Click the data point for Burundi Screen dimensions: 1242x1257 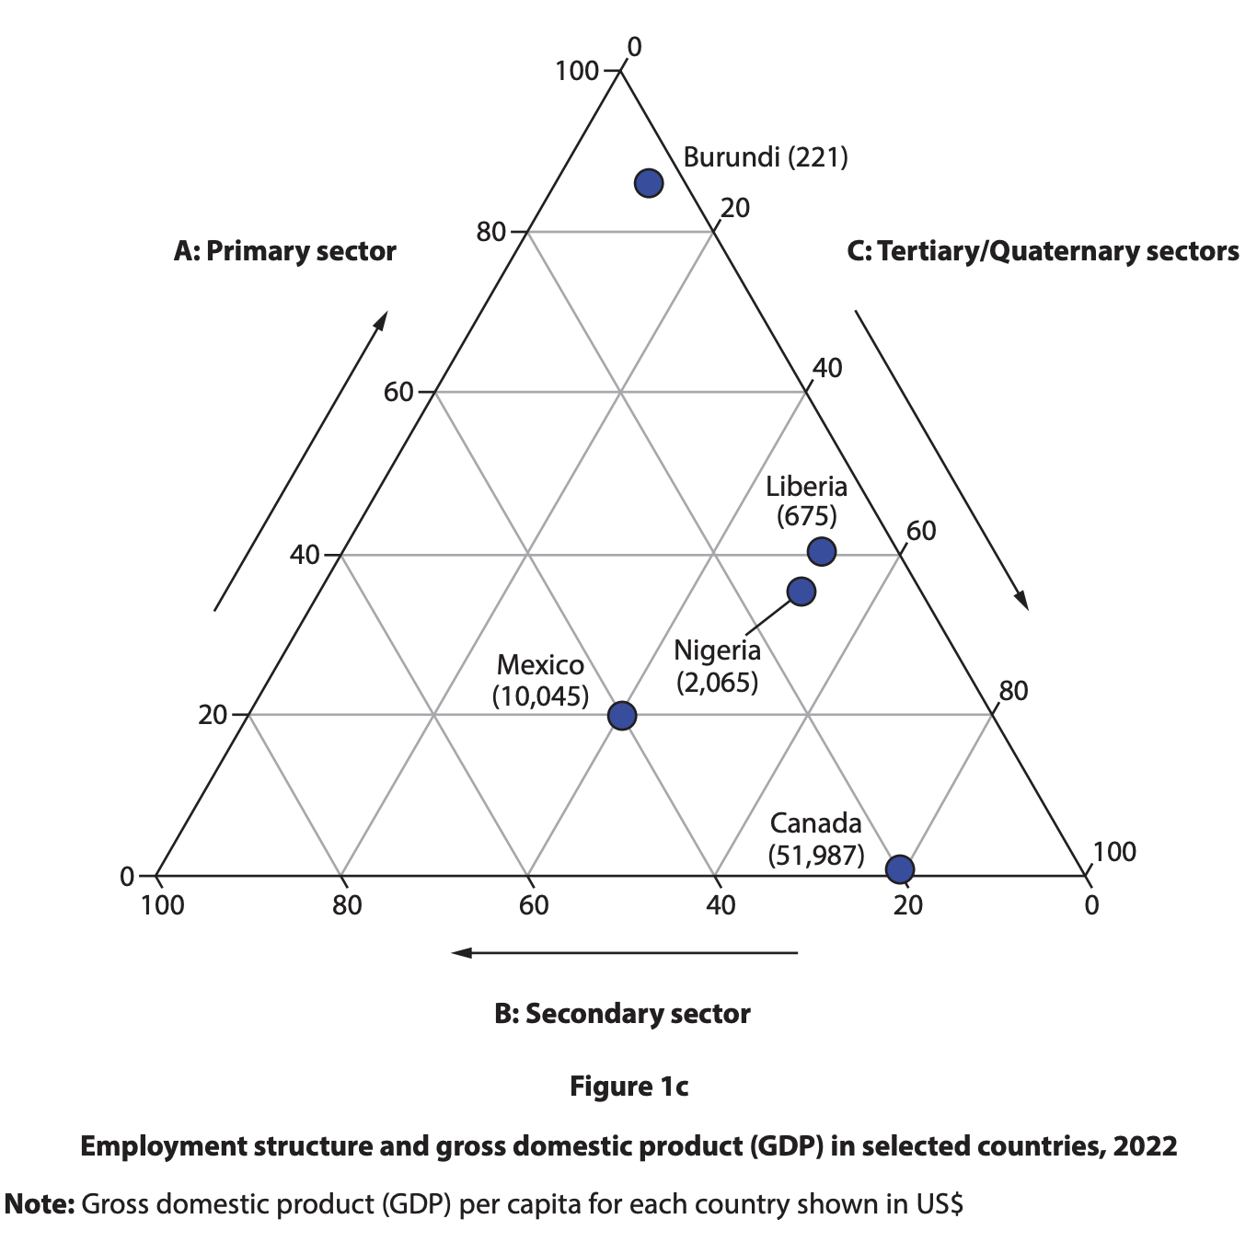point(649,183)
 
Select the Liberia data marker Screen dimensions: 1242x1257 point(821,551)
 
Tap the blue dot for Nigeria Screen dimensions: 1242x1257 point(801,592)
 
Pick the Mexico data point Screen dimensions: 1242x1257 point(622,715)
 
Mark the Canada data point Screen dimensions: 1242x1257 point(899,868)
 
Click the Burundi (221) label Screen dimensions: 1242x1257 point(765,157)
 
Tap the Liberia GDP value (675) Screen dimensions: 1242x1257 point(806,515)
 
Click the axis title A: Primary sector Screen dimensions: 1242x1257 point(284,251)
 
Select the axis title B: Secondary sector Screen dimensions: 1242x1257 point(622,1014)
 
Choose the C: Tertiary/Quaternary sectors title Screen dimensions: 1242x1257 point(1043,251)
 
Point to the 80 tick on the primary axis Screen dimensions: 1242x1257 point(492,232)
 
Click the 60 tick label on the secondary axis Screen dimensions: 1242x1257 point(533,905)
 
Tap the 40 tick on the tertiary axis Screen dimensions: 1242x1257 point(826,368)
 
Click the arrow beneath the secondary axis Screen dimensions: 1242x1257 point(624,952)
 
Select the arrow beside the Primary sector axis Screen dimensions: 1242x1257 point(300,461)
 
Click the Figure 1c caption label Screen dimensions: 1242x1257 point(628,1087)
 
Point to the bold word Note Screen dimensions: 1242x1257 point(40,1204)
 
